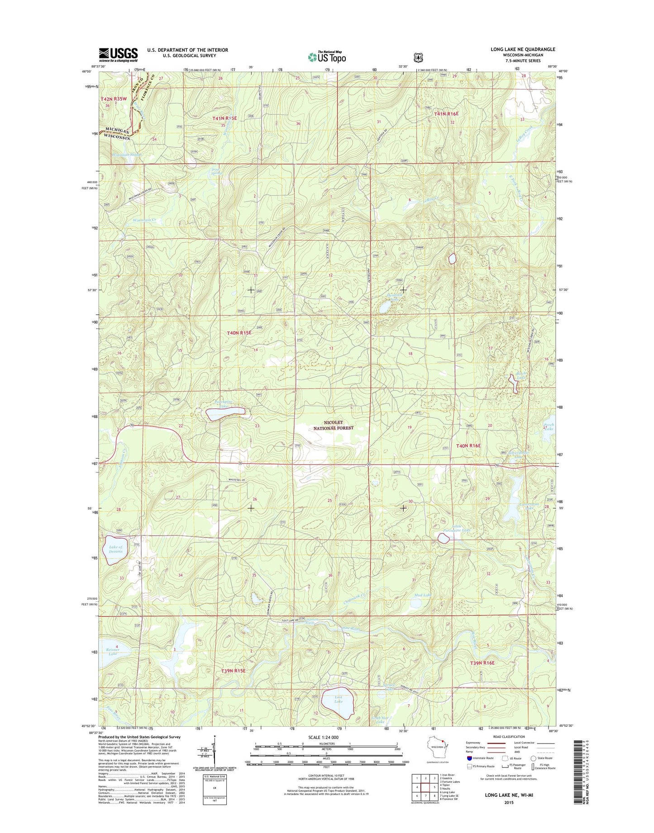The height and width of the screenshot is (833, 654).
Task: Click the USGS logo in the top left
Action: coord(118,55)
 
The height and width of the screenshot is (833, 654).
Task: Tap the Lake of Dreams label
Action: coord(115,549)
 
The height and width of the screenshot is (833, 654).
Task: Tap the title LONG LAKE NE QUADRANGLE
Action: coord(523,49)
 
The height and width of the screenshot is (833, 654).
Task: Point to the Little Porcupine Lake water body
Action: coord(444,538)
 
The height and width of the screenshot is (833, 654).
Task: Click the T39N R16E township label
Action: coord(482,663)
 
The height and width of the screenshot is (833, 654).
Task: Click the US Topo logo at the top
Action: coord(327,57)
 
